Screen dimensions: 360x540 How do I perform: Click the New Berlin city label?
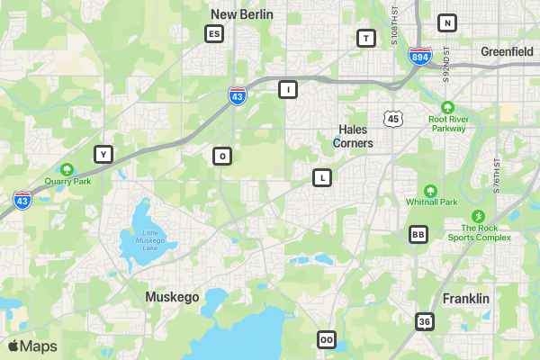(241, 14)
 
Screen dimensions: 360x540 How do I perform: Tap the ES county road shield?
(213, 34)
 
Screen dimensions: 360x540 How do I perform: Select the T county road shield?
(365, 38)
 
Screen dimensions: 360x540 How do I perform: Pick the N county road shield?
(446, 22)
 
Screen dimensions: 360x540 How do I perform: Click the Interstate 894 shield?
(419, 56)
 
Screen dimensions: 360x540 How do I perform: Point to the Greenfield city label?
(507, 52)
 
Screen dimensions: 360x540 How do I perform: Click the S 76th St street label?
(496, 176)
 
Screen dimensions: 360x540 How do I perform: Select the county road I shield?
(287, 89)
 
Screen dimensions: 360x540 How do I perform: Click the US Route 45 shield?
(392, 119)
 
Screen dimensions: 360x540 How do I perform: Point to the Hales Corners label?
(353, 136)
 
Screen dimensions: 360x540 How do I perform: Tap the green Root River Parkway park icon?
(447, 104)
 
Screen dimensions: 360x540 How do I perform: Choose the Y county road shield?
(103, 154)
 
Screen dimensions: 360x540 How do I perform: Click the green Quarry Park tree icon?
(67, 169)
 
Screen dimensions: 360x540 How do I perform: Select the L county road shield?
(322, 177)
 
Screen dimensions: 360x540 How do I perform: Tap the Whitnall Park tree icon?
(430, 191)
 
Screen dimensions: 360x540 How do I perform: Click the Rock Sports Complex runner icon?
(478, 216)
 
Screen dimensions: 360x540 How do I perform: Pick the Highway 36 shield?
(425, 321)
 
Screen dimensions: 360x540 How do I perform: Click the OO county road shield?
(327, 339)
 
